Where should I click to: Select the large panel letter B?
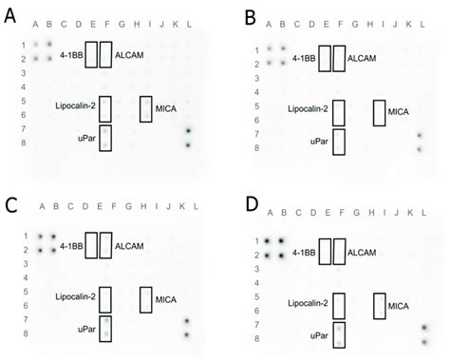click(x=252, y=16)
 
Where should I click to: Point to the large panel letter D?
click(x=251, y=203)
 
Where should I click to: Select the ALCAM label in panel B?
click(x=363, y=59)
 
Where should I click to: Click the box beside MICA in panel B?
click(x=380, y=112)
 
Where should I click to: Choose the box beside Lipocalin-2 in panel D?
click(x=337, y=306)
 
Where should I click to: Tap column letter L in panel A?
click(x=189, y=24)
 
